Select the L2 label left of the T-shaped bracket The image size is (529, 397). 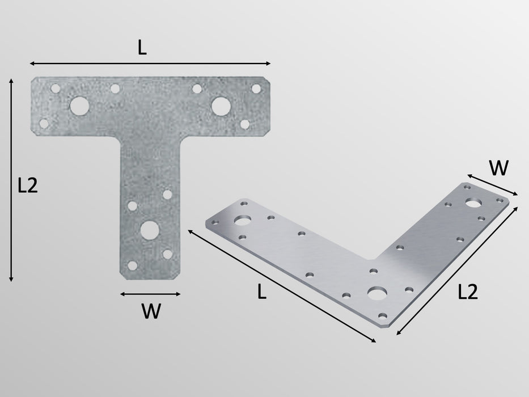click(x=27, y=185)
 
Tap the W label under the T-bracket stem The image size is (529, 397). click(x=151, y=311)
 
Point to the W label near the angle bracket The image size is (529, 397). click(x=498, y=168)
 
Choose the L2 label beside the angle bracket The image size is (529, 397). click(x=468, y=292)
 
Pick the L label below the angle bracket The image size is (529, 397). click(x=261, y=292)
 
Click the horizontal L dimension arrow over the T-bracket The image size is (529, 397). click(x=150, y=64)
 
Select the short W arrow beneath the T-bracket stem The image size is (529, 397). click(x=150, y=294)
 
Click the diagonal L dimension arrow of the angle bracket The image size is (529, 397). click(x=282, y=286)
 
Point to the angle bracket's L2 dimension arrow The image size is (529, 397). click(x=457, y=271)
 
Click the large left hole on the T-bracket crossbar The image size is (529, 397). click(x=79, y=105)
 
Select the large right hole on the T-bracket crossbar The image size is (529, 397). click(x=221, y=105)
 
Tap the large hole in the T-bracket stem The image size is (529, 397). click(x=150, y=229)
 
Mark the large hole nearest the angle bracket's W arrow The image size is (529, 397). click(x=473, y=202)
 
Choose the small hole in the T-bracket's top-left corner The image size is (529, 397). click(x=56, y=88)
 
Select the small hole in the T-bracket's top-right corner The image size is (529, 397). click(x=256, y=88)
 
